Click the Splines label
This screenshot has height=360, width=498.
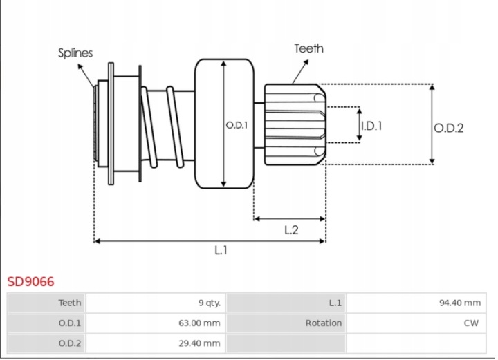[x=75, y=53]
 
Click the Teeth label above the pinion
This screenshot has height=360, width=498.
[x=308, y=48]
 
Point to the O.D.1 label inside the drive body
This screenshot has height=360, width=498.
[x=237, y=125]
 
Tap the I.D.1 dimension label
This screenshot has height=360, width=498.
[x=371, y=126]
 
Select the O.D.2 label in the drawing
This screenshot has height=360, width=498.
[x=448, y=128]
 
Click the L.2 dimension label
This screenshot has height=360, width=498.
[x=291, y=230]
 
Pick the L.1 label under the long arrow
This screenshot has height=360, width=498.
[x=221, y=250]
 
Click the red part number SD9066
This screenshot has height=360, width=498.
[x=31, y=281]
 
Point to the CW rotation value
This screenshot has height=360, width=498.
[x=471, y=323]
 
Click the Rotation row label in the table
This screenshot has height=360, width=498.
[x=324, y=323]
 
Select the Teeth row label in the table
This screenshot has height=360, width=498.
[x=70, y=303]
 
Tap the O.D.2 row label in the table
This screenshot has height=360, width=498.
[x=70, y=343]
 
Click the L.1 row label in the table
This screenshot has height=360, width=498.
[x=335, y=303]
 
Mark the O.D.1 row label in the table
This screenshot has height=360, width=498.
[x=70, y=323]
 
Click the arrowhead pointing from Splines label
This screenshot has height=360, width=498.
[x=80, y=66]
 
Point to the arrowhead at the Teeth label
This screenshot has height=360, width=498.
[x=306, y=63]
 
